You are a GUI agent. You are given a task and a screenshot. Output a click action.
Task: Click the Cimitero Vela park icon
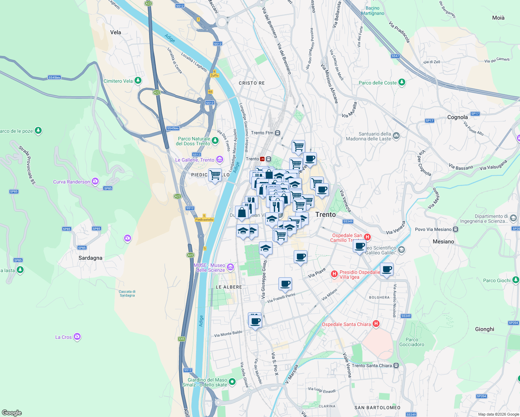pyautogui.click(x=138, y=81)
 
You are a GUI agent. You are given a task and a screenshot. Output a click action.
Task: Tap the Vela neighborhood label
pyautogui.click(x=115, y=32)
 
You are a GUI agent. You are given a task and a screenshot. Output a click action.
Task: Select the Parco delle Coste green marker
pyautogui.click(x=402, y=82)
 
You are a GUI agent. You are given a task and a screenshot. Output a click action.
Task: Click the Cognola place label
pyautogui.click(x=457, y=117)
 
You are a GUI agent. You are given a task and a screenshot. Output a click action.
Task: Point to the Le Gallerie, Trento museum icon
pyautogui.click(x=219, y=160)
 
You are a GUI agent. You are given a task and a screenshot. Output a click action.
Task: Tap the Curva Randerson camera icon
pyautogui.click(x=95, y=181)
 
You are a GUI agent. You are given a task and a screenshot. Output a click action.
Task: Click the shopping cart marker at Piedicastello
pyautogui.click(x=215, y=175)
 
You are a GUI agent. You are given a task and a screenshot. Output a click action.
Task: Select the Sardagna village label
pyautogui.click(x=90, y=258)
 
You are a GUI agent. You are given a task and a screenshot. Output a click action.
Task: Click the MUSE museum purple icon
pyautogui.click(x=230, y=267)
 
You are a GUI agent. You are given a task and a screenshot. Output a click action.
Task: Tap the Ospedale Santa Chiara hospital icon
pyautogui.click(x=376, y=324)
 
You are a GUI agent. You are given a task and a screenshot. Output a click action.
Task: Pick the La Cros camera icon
pyautogui.click(x=77, y=337)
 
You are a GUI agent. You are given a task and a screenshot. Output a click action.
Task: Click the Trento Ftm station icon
pyautogui.click(x=277, y=133)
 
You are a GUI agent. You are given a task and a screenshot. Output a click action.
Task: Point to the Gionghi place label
pyautogui.click(x=484, y=329)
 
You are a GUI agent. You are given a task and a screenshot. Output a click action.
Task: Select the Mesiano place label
pyautogui.click(x=443, y=242)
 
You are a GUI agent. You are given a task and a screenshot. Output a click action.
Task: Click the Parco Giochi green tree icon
pyautogui.click(x=515, y=280)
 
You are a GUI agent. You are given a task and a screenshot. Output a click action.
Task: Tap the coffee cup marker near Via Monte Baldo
pyautogui.click(x=255, y=321)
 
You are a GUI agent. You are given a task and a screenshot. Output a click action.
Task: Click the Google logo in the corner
pyautogui.click(x=11, y=412)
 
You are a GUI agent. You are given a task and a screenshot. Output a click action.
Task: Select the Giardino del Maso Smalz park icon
pyautogui.click(x=232, y=382)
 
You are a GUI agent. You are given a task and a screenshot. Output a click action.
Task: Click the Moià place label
pyautogui.click(x=498, y=18)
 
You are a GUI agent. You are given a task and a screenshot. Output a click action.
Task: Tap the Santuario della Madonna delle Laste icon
pyautogui.click(x=396, y=135)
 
